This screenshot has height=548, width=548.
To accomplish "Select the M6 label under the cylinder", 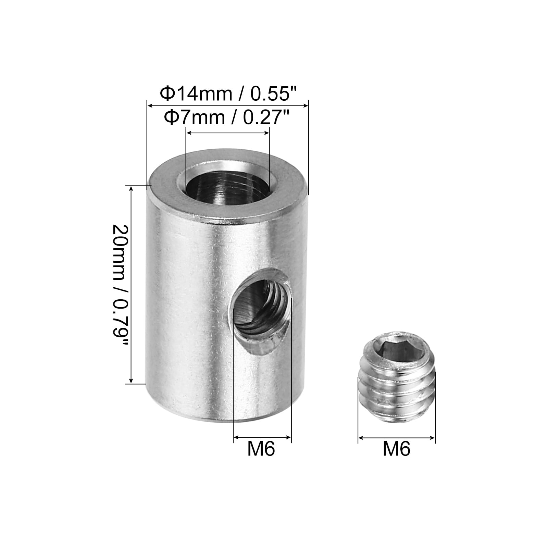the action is coord(261,449).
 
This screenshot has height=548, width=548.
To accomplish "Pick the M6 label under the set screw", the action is coord(396,449).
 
